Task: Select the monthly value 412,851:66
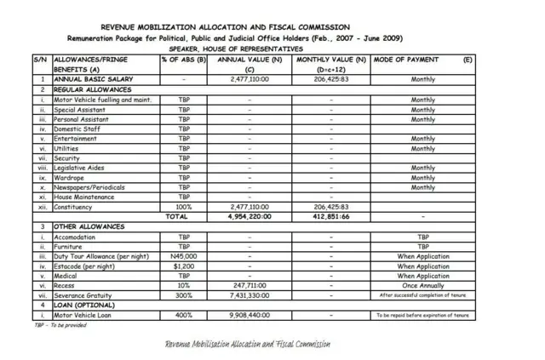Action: (x=330, y=217)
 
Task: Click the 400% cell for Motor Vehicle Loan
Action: (x=183, y=315)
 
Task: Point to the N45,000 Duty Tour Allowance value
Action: (x=183, y=255)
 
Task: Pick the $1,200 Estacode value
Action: (x=183, y=266)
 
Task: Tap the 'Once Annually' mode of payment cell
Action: (x=422, y=285)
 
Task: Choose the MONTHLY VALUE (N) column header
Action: (x=330, y=60)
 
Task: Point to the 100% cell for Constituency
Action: (x=183, y=207)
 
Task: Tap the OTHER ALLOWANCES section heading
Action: (x=89, y=226)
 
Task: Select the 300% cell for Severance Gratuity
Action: (x=183, y=295)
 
